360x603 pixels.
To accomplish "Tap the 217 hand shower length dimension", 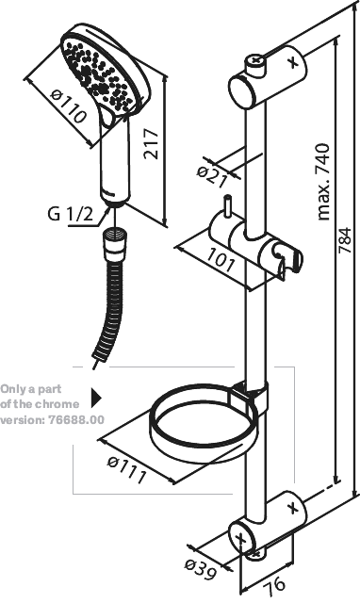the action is point(151,144).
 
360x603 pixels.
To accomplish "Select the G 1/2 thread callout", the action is point(71,214).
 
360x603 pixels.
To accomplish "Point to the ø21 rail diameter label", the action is point(212,176).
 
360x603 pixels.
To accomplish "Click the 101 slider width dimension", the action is point(221,260).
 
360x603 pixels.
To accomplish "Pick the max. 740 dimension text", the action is point(323,182).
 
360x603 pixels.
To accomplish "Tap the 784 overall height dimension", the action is point(345,241).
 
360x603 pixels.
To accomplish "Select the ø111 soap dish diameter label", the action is point(127,469).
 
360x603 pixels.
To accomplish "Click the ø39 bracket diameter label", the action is point(201,569).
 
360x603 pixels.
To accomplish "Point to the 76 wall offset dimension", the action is point(275,583).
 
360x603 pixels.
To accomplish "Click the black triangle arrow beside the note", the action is point(96,398).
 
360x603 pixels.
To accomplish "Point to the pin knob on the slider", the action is point(229,206).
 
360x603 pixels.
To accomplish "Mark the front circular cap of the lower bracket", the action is point(242,539).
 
